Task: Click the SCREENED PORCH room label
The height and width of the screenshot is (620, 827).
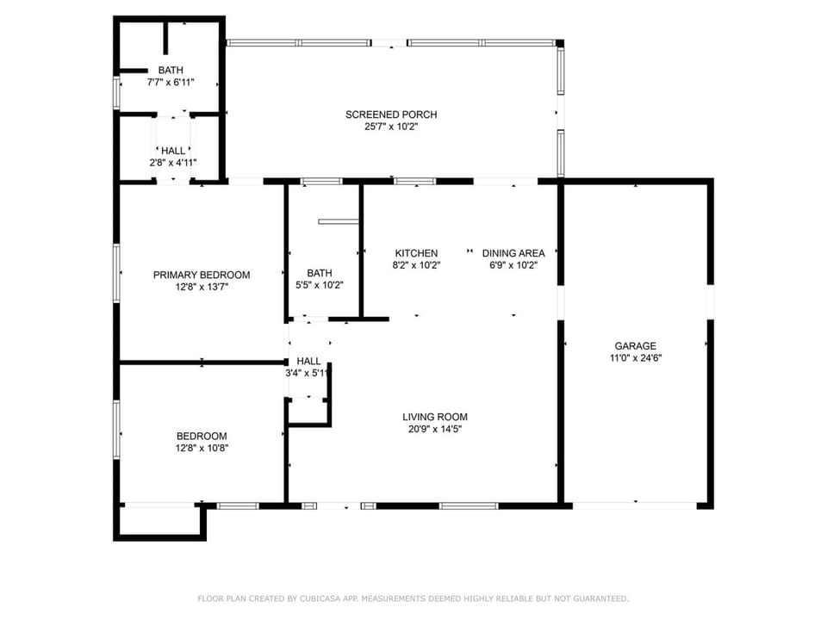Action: pos(391,115)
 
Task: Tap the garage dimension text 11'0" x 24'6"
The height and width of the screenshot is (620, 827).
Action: pos(636,358)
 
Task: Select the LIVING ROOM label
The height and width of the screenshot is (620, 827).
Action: pos(434,417)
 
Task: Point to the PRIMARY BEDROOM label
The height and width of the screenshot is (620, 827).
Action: pos(202,275)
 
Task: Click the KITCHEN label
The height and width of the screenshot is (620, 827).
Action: pos(416,253)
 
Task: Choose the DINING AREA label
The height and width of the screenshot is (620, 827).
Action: pos(513,253)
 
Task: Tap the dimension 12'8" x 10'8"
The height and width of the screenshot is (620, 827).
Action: pos(202,448)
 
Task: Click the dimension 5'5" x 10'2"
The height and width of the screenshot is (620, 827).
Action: pos(319,285)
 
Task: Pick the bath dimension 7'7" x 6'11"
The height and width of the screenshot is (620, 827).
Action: pos(171,82)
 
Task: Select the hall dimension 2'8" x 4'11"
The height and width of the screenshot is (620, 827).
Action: pos(173,163)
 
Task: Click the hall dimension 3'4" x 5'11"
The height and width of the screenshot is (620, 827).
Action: pos(308,373)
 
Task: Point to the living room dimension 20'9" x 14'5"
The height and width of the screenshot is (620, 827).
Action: pos(434,429)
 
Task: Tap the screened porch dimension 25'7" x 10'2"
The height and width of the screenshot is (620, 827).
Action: pos(391,127)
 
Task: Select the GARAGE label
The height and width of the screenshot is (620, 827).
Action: pos(636,346)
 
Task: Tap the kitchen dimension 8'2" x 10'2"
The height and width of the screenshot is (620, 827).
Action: pos(416,265)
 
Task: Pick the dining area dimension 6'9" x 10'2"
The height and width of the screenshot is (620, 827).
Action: pos(513,265)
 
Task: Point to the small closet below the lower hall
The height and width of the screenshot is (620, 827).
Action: pos(308,412)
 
